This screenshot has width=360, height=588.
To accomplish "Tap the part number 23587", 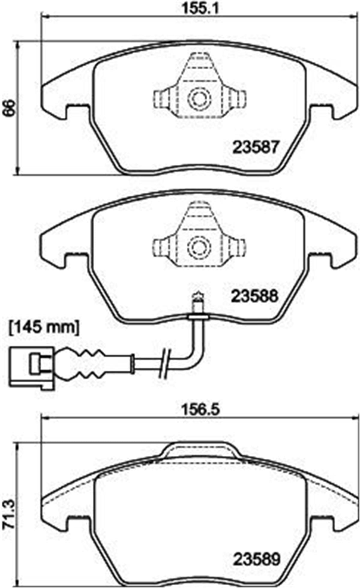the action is (256, 147).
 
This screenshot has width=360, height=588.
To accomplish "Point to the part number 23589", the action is (257, 550).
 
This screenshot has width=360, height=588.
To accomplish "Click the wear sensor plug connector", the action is (32, 369).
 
